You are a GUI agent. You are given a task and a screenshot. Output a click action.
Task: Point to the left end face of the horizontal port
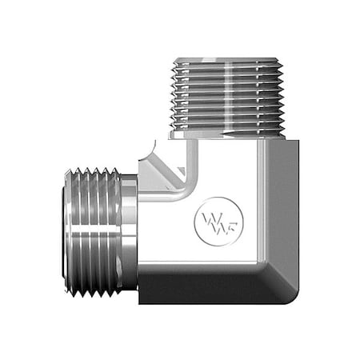point(64,231)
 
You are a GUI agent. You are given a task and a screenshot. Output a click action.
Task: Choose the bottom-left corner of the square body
point(141,300)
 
